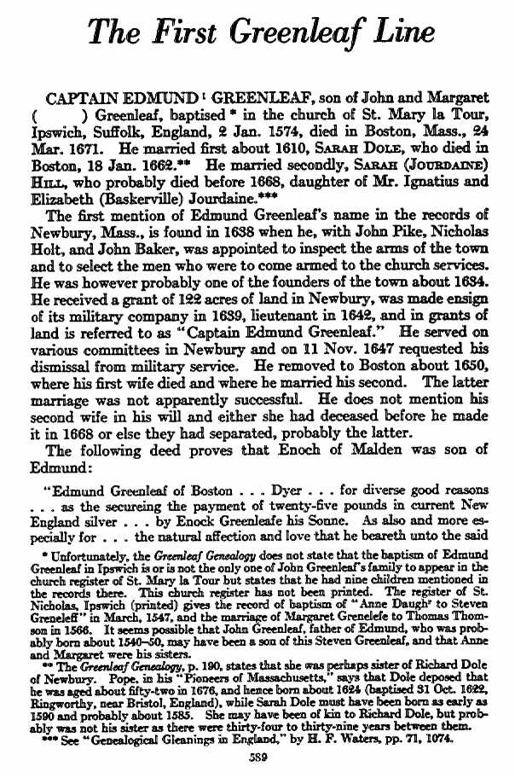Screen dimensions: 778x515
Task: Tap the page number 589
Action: (x=258, y=756)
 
